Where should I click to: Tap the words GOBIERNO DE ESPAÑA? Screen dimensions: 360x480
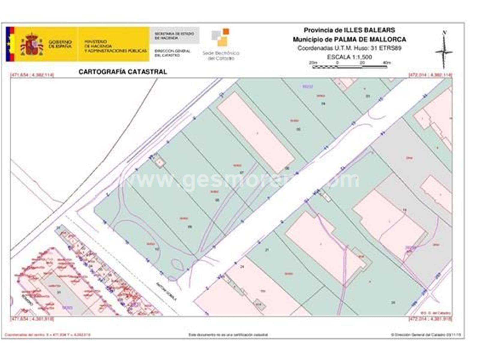(60, 44)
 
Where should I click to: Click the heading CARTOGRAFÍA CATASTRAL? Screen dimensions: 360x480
(122, 72)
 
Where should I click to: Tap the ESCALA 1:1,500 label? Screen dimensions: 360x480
(349, 57)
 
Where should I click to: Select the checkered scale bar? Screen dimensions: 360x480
(349, 67)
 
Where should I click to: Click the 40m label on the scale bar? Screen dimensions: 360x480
(387, 63)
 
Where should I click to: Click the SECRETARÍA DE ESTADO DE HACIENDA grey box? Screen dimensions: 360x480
(174, 36)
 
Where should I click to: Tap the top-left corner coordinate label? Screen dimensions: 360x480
(32, 75)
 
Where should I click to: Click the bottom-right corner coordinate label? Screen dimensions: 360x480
(430, 319)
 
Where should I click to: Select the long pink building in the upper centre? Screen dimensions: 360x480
(256, 132)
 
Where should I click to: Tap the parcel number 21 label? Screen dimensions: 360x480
(267, 249)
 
